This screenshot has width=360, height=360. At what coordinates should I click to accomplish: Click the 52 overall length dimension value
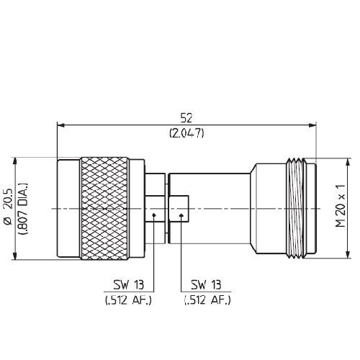pyautogui.click(x=186, y=117)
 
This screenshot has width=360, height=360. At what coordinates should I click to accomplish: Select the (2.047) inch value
pyautogui.click(x=186, y=133)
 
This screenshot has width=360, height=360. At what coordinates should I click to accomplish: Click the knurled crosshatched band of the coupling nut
pyautogui.click(x=106, y=209)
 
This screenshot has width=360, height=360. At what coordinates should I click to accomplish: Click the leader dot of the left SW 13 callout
pyautogui.click(x=155, y=214)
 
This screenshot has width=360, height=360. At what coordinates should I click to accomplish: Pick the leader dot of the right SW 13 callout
pyautogui.click(x=181, y=214)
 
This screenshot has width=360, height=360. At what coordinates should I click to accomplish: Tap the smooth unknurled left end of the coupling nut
pyautogui.click(x=68, y=209)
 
